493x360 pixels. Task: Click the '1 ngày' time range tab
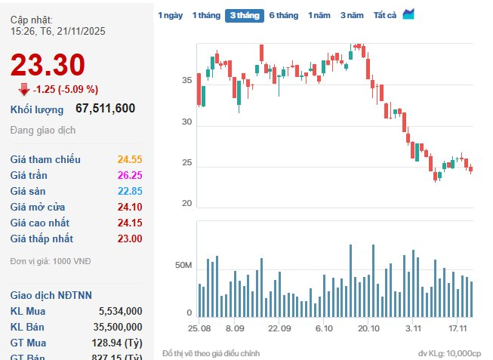(x=170, y=15)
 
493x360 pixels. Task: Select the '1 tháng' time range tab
(x=205, y=15)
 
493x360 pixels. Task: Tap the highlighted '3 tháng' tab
(x=244, y=15)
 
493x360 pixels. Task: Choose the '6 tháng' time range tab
(x=283, y=15)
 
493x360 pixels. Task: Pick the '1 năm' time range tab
(x=319, y=15)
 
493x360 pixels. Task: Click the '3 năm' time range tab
(x=351, y=15)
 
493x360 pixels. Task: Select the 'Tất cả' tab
(x=384, y=15)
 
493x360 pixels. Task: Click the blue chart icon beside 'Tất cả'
(x=408, y=14)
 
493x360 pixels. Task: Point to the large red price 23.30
(x=48, y=66)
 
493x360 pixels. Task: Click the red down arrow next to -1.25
(x=24, y=89)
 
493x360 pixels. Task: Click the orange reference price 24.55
(x=130, y=159)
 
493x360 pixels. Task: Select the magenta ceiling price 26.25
(x=130, y=175)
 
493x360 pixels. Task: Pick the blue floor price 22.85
(x=130, y=191)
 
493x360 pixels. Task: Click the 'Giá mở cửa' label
(x=38, y=207)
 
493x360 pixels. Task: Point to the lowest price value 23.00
(x=130, y=238)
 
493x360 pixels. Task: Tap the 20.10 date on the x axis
(x=368, y=329)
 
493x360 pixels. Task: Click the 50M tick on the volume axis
(x=183, y=266)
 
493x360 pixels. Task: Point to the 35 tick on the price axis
(x=186, y=80)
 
